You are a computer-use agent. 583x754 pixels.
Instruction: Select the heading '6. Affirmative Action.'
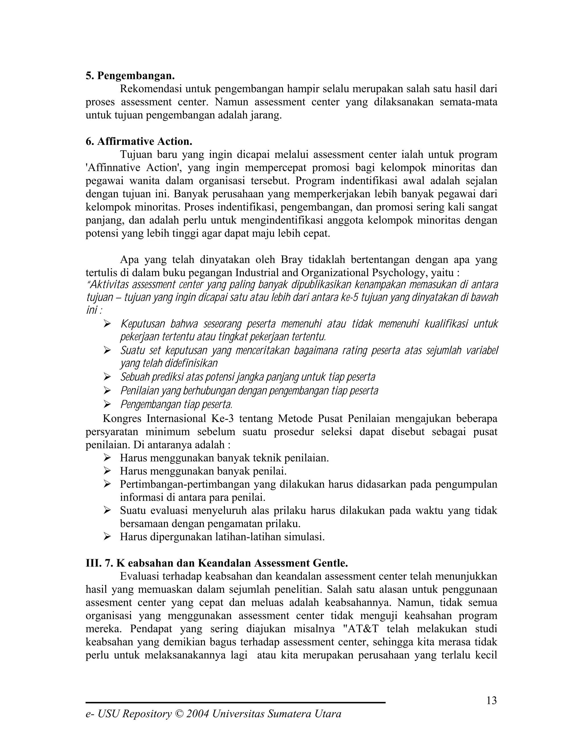tap(139, 141)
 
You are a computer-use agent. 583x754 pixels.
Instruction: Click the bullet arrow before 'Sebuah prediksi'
tap(107, 377)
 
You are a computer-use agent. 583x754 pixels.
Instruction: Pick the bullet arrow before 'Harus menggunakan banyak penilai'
tap(107, 471)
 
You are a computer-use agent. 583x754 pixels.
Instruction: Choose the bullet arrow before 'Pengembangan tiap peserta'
tap(107, 404)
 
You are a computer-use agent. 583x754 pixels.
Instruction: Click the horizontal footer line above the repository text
tap(235, 702)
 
